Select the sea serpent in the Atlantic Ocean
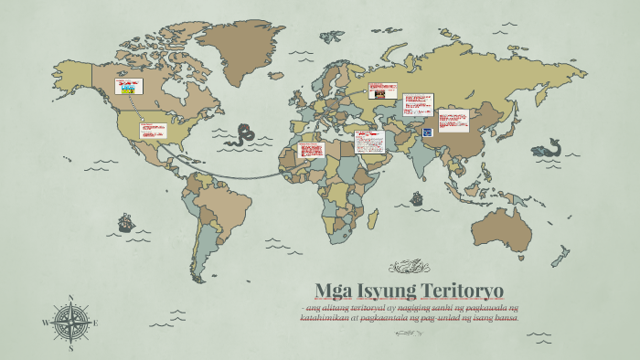click(242, 134)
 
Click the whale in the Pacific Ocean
click(546, 147)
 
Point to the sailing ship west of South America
click(125, 222)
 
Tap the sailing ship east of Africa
click(416, 197)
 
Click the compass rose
click(71, 322)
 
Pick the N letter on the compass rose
click(71, 297)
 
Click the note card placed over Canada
click(127, 88)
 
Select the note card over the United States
click(152, 130)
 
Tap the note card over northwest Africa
click(310, 150)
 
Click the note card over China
click(453, 121)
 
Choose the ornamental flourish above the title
click(409, 268)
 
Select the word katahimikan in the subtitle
click(330, 317)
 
